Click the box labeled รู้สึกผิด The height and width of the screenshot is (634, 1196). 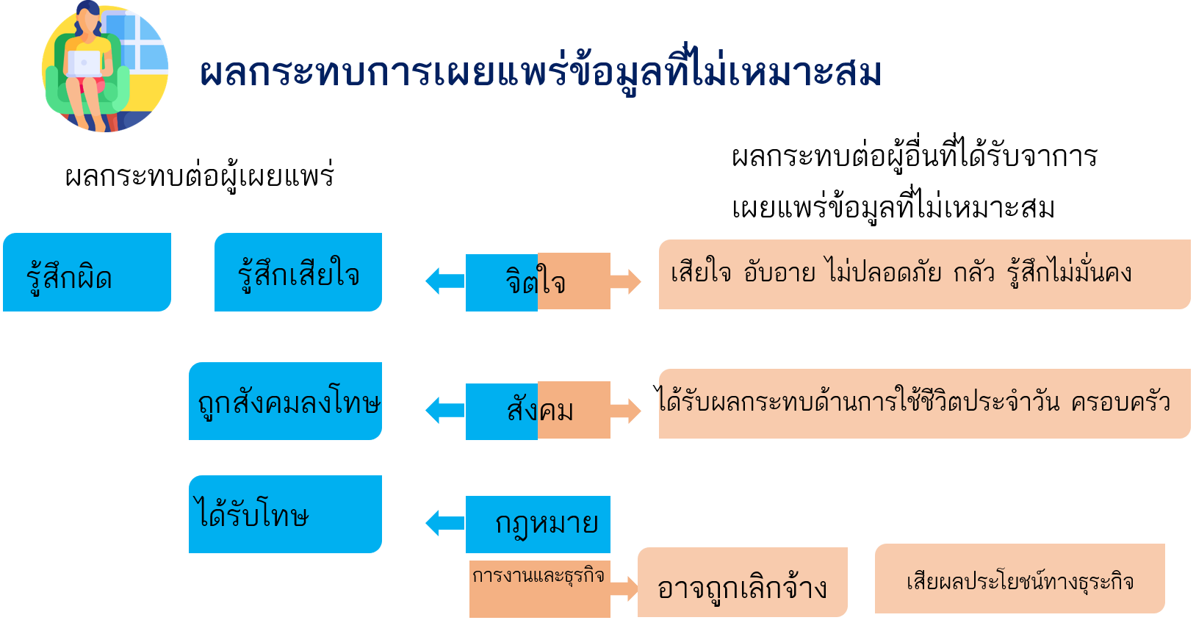click(87, 273)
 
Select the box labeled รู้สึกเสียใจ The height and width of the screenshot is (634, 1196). click(298, 273)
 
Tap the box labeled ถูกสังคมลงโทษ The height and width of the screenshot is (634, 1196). click(285, 401)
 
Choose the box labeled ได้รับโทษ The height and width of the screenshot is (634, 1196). click(285, 514)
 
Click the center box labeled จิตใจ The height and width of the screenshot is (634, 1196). click(537, 281)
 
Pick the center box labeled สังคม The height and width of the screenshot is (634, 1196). click(537, 410)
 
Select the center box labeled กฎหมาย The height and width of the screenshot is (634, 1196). click(538, 524)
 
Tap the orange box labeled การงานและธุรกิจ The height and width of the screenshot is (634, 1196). click(539, 588)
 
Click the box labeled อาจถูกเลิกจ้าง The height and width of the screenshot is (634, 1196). click(742, 583)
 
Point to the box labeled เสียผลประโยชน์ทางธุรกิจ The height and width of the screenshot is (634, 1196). click(1020, 579)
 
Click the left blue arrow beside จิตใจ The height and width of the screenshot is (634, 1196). click(444, 281)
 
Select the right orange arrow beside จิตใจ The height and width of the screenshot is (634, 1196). click(626, 281)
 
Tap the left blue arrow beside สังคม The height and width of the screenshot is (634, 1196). click(444, 410)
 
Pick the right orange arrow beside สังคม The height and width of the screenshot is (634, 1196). click(626, 410)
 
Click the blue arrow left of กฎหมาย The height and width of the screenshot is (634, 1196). click(444, 523)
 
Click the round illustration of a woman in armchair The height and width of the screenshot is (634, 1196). click(105, 68)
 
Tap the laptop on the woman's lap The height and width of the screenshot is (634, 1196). click(84, 63)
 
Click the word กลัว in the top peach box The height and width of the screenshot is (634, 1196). click(973, 273)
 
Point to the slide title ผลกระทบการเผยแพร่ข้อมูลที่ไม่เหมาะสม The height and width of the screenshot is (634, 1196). click(540, 73)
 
